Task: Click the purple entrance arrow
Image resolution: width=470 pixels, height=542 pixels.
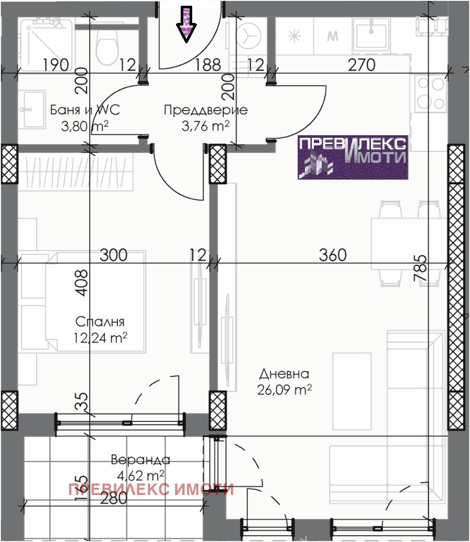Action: (x=186, y=25)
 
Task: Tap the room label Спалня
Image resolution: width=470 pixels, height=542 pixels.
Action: (x=100, y=322)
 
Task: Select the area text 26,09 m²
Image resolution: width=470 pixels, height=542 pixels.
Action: (x=284, y=390)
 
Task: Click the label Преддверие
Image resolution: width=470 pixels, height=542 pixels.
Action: (x=206, y=110)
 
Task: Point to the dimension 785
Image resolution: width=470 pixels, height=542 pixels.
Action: (x=420, y=268)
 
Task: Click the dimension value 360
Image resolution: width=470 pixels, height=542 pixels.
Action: (x=333, y=255)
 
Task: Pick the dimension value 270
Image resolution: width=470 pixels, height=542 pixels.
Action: (x=361, y=65)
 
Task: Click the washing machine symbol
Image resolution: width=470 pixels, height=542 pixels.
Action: (x=249, y=36)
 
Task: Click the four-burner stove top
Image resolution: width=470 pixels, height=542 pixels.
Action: (x=430, y=93)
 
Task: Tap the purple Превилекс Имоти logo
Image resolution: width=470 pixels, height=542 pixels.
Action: (x=353, y=157)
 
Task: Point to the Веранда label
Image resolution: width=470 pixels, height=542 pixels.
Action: (x=140, y=459)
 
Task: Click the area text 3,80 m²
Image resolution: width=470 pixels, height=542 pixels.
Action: (x=85, y=126)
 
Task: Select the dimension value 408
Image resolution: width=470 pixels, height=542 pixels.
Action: (x=81, y=283)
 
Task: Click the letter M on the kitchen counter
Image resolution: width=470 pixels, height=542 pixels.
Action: (x=333, y=36)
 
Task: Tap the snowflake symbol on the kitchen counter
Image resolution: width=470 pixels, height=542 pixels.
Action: (x=295, y=36)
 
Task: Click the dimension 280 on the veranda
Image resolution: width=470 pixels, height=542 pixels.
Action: (x=114, y=498)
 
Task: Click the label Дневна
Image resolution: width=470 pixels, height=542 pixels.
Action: (x=284, y=374)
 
